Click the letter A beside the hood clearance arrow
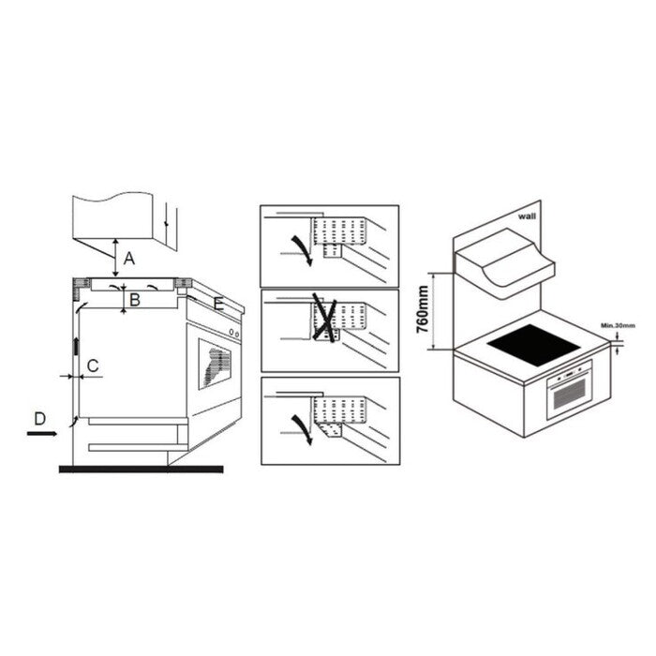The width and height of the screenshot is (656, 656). coord(129,258)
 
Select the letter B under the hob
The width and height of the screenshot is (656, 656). coord(134,300)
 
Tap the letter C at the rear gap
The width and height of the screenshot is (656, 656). coord(93,365)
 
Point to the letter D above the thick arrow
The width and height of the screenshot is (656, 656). coord(39,418)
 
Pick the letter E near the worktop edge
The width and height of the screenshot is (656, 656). coord(218,304)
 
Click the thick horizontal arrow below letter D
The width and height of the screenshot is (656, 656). coord(42,434)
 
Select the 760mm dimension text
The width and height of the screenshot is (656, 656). coord(423,309)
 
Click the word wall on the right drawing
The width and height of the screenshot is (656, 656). coord(527,216)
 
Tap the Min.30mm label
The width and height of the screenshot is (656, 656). coord(618,325)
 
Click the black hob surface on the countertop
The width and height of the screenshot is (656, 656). coord(534,345)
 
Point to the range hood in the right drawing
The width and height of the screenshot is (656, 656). coord(504,263)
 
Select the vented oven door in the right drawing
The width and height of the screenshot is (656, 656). coord(570,391)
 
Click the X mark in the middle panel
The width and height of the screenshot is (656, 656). coord(325,318)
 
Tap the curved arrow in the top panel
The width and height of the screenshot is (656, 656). coord(303,250)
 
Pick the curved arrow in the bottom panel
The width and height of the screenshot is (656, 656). coord(303,430)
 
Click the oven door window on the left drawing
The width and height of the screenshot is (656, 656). coord(215,365)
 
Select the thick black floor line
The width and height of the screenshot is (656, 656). coord(141,470)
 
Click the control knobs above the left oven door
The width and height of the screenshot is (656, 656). coord(234,333)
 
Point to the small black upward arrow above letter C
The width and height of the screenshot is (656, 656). coord(76,346)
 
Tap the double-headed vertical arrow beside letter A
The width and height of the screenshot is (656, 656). coord(116,258)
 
